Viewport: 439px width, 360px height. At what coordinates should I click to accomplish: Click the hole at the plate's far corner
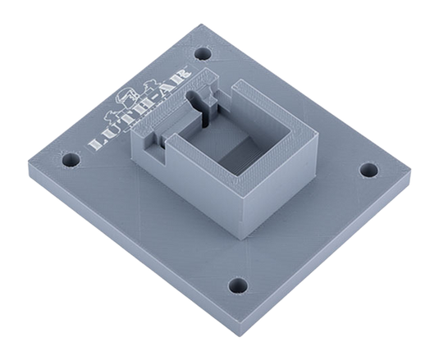tap(203, 53)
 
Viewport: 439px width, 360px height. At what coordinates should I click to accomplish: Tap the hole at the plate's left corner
tap(71, 159)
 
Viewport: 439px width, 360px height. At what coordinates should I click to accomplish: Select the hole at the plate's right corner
tap(368, 170)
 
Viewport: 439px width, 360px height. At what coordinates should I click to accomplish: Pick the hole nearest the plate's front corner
tap(238, 285)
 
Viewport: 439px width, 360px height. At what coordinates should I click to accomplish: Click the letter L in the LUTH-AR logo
tap(96, 144)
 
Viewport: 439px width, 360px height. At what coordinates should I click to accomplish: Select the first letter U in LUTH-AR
tap(110, 133)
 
